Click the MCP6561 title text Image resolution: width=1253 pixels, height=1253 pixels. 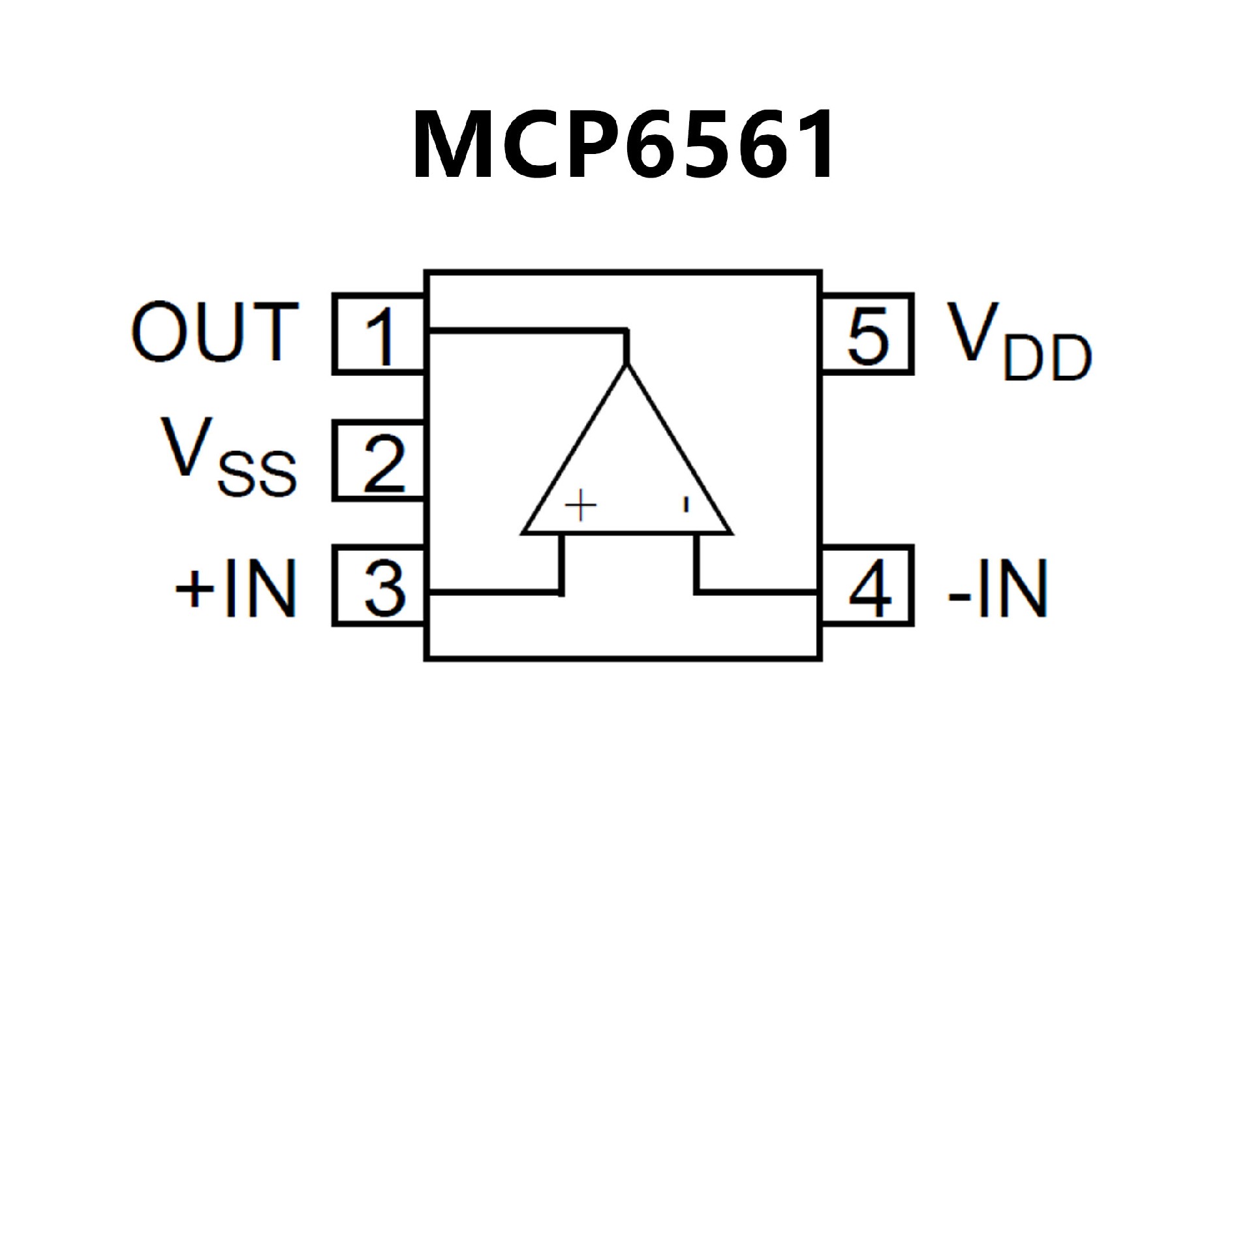click(623, 145)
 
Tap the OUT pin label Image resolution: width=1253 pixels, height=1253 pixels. click(215, 333)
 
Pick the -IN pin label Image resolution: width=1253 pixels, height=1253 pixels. click(998, 588)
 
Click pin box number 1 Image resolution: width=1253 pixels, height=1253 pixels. click(379, 334)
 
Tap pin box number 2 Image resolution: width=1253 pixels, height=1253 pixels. click(379, 461)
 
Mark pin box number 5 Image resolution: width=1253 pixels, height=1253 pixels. click(868, 334)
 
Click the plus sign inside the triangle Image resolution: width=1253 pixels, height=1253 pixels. click(580, 505)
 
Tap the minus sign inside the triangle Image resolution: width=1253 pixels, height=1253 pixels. click(685, 504)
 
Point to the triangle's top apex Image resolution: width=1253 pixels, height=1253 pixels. click(626, 367)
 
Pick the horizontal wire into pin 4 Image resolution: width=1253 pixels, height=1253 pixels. click(757, 592)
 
